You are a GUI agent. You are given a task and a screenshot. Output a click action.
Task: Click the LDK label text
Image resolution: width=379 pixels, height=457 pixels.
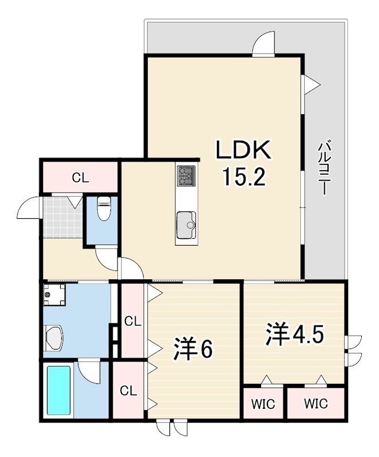pyautogui.click(x=243, y=150)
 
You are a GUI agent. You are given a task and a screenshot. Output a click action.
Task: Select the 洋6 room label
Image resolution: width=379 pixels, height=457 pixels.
pyautogui.click(x=192, y=348)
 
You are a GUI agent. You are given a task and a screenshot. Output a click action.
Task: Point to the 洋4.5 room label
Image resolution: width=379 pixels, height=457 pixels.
pyautogui.click(x=294, y=334)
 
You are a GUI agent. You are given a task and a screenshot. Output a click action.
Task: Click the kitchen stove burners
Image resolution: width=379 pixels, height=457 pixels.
pyautogui.click(x=185, y=175)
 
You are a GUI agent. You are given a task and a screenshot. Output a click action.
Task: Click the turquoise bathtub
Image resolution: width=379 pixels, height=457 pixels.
pyautogui.click(x=59, y=390)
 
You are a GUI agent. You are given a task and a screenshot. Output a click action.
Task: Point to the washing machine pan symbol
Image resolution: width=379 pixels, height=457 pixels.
pyautogui.click(x=54, y=294)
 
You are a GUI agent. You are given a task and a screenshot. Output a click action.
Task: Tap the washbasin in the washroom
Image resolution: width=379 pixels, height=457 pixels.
pyautogui.click(x=54, y=338)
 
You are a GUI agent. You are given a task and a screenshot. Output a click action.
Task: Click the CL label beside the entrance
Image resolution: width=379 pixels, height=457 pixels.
pyautogui.click(x=80, y=178)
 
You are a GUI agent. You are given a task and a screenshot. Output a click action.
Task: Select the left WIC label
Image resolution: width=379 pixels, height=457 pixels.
pyautogui.click(x=263, y=404)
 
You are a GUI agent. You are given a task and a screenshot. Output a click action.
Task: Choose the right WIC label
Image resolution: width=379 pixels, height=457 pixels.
pyautogui.click(x=315, y=404)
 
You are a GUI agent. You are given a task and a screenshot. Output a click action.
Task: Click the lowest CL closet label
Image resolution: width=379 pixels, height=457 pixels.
pyautogui.click(x=128, y=391)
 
